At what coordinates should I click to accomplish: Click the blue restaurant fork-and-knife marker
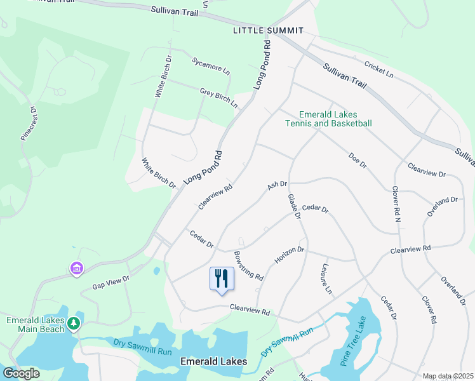click(222, 279)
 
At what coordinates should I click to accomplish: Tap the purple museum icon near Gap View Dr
click(77, 269)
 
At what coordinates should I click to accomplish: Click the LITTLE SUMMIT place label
click(268, 30)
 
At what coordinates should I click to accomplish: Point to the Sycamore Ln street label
click(210, 65)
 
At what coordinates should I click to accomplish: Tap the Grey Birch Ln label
click(218, 98)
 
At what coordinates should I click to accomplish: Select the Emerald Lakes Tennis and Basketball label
click(328, 119)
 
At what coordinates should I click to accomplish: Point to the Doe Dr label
click(358, 160)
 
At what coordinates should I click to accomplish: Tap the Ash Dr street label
click(278, 185)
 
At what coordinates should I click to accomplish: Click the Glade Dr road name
click(293, 207)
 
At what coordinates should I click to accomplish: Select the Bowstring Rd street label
click(248, 265)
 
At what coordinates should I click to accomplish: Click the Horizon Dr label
click(290, 256)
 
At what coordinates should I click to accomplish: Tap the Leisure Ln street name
click(327, 279)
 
